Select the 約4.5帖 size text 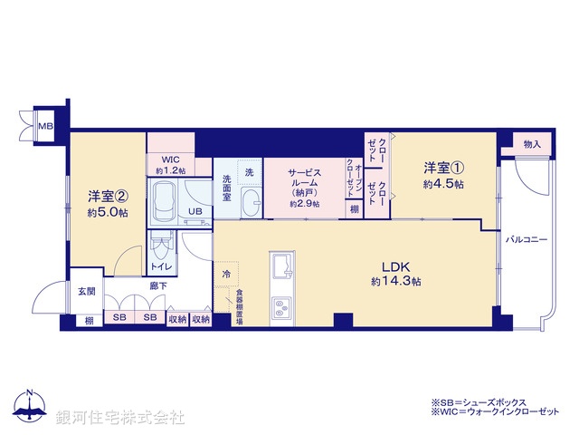444,185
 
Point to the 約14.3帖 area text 396,282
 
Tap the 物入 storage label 532,144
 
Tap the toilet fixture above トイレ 162,244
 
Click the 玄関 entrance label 87,292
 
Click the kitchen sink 280,268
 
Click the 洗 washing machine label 247,172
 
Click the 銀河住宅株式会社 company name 122,417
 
